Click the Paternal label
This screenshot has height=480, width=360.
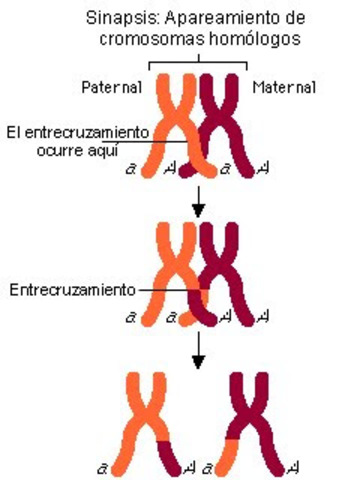[111, 88]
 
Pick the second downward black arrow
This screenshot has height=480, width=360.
[199, 350]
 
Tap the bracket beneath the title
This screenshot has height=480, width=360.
[200, 63]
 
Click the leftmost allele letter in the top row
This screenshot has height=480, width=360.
[131, 171]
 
